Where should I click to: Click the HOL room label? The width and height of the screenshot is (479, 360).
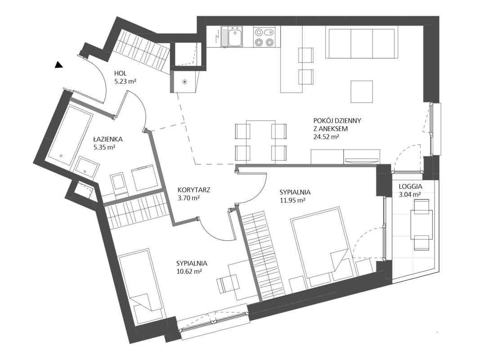coord(121,73)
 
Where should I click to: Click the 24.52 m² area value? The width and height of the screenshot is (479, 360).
coord(326,137)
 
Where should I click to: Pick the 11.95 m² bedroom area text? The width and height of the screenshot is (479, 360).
coord(293,200)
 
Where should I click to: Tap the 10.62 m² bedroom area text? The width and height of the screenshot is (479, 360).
coord(189,271)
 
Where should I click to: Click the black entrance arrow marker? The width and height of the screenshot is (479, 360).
coord(58,65)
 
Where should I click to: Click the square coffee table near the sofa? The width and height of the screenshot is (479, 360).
coord(362,92)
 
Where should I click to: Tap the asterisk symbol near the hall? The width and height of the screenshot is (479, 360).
coord(184,81)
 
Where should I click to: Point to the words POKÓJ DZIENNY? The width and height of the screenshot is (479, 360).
coord(337,121)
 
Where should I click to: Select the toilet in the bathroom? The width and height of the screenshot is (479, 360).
coord(118,184)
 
